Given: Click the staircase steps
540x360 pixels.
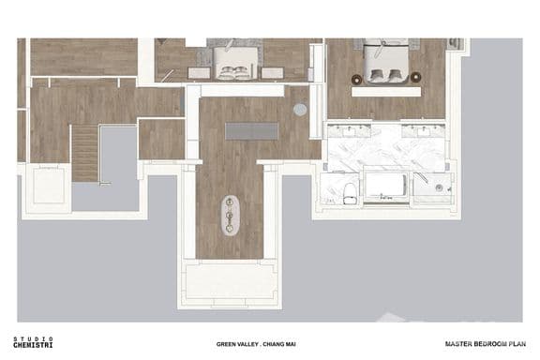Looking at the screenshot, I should pos(84,153).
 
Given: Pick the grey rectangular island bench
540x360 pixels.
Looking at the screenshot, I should pos(247,130).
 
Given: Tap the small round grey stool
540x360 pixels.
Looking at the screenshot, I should pos(300,110).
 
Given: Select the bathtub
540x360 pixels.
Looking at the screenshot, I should pos(384,187).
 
